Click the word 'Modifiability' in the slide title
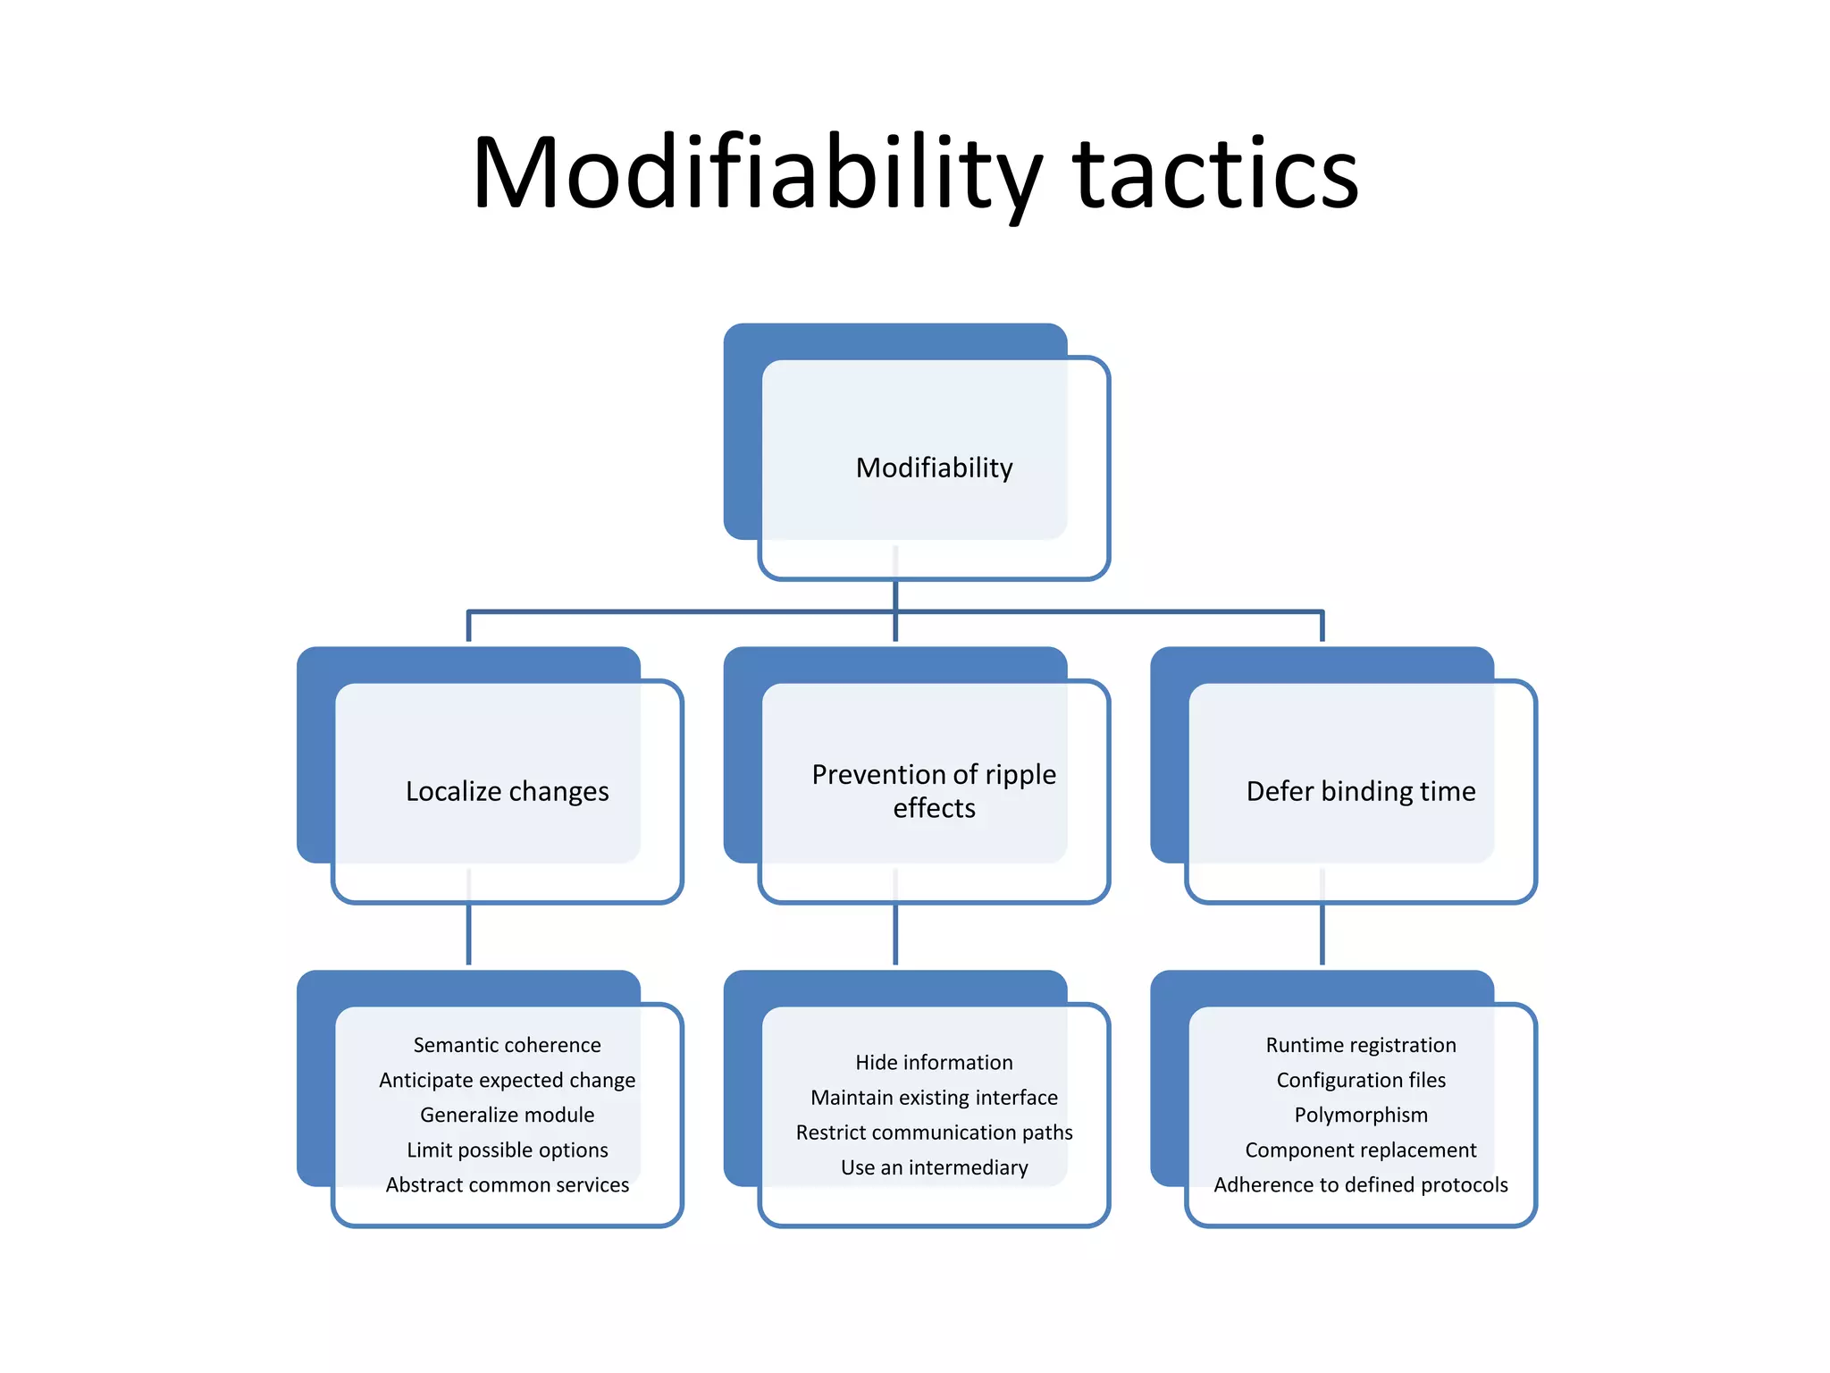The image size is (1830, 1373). pyautogui.click(x=756, y=174)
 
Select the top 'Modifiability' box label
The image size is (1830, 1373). pyautogui.click(x=934, y=467)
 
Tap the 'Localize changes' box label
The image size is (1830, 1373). pyautogui.click(x=507, y=791)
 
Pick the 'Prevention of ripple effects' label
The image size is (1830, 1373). pyautogui.click(x=934, y=791)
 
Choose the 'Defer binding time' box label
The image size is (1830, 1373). pyautogui.click(x=1360, y=791)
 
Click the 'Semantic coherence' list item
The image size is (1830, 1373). pyautogui.click(x=507, y=1045)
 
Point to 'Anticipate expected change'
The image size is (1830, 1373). pyautogui.click(x=507, y=1080)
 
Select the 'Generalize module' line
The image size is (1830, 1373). pyautogui.click(x=507, y=1115)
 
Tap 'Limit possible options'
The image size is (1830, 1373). pyautogui.click(x=507, y=1150)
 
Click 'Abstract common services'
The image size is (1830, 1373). pyautogui.click(x=507, y=1184)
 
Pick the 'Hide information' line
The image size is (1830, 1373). pyautogui.click(x=934, y=1062)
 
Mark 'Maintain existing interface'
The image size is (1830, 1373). pyautogui.click(x=934, y=1097)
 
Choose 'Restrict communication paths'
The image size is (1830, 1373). pyautogui.click(x=934, y=1133)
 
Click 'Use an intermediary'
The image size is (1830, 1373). pyautogui.click(x=934, y=1167)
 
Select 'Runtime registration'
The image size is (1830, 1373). pyautogui.click(x=1360, y=1045)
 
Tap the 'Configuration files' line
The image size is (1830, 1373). pyautogui.click(x=1360, y=1080)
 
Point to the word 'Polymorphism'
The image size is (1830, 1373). pyautogui.click(x=1360, y=1115)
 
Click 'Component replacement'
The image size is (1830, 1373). pyautogui.click(x=1360, y=1150)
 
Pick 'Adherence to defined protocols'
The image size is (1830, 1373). pyautogui.click(x=1360, y=1184)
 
